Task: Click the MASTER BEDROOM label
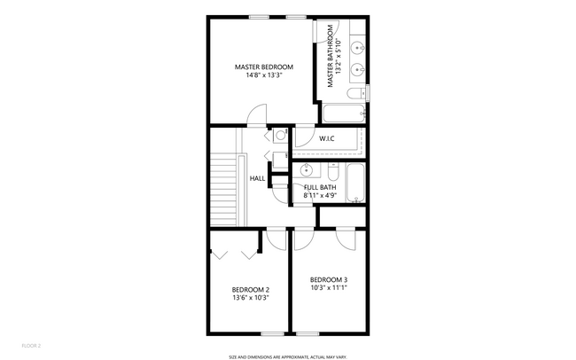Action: tap(264, 67)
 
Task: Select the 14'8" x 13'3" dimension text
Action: tap(264, 75)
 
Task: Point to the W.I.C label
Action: tap(326, 138)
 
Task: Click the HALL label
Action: tap(258, 178)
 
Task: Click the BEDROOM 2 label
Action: tap(251, 289)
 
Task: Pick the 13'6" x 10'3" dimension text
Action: tap(251, 298)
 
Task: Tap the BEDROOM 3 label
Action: tap(329, 279)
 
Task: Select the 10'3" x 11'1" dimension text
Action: tap(329, 288)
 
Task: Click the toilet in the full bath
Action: tap(333, 168)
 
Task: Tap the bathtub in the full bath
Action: tap(356, 183)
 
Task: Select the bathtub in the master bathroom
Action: tap(344, 113)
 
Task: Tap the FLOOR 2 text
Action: tap(31, 345)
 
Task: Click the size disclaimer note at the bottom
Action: tap(287, 356)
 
